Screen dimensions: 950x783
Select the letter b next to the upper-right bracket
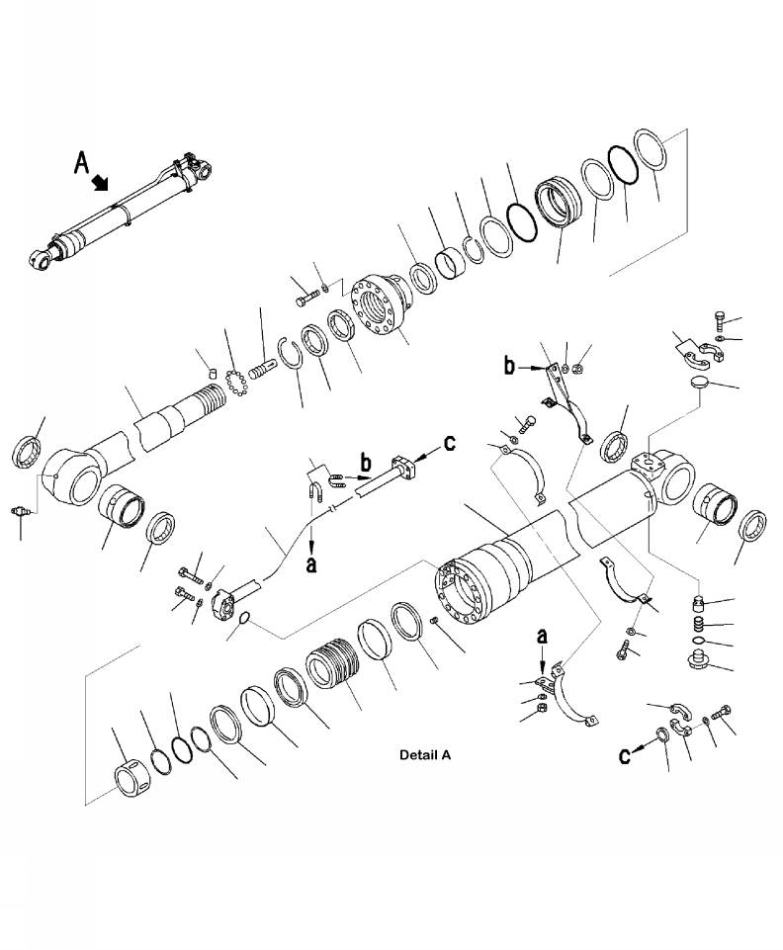pos(509,367)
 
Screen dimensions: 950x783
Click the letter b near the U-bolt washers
pos(365,462)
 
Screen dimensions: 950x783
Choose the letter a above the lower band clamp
pos(541,632)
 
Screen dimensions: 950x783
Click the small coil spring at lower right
pos(700,625)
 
